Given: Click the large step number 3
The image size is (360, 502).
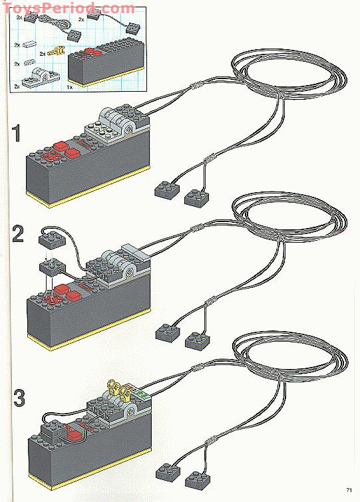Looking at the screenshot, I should point(20,399).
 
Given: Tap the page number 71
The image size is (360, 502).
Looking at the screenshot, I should point(348,491).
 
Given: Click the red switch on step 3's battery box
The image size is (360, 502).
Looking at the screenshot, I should point(74,436).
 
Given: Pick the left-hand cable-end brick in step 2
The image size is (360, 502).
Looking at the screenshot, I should point(166,332).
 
